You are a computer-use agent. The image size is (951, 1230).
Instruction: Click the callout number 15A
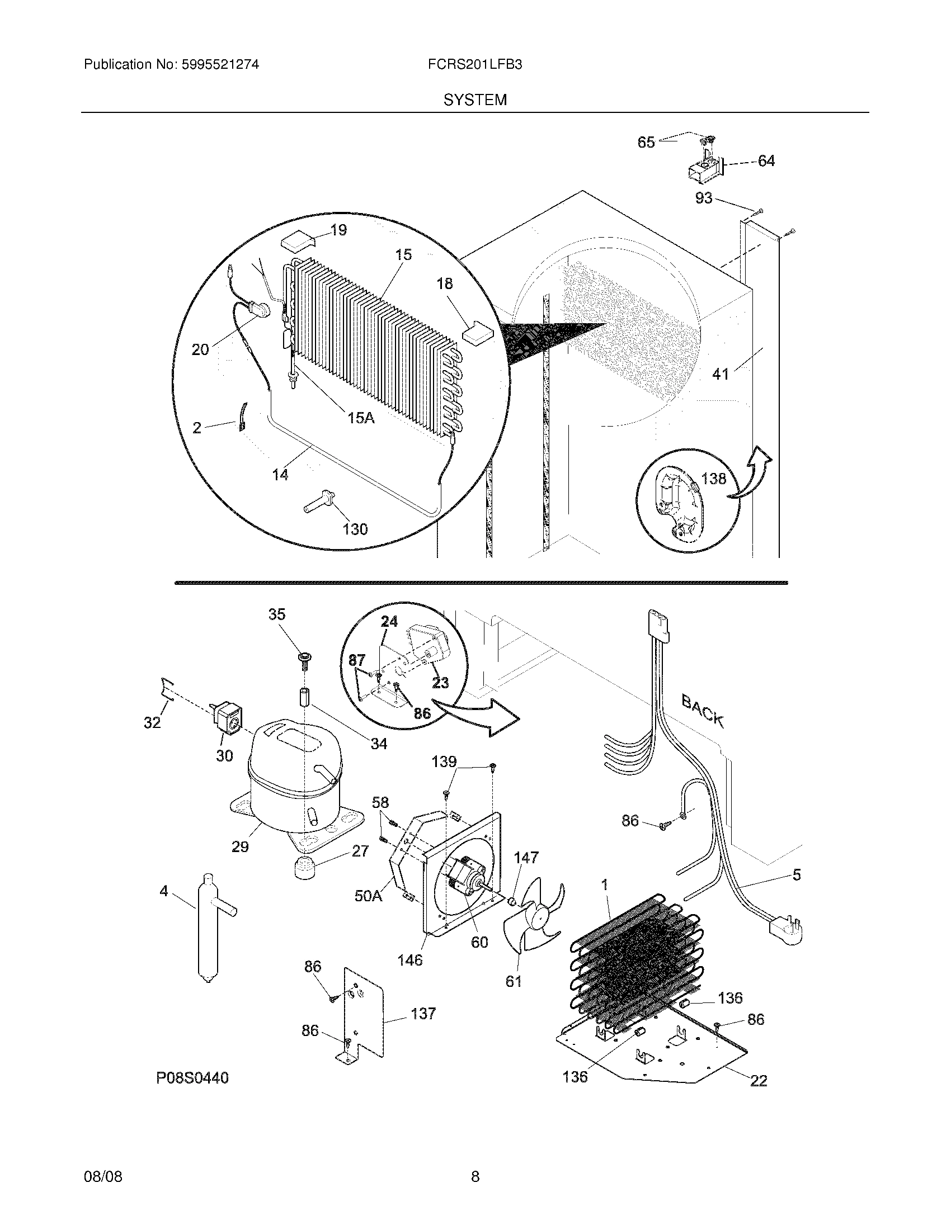[361, 418]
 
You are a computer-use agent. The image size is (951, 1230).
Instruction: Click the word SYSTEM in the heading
[475, 100]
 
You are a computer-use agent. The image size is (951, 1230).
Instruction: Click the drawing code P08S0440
[192, 1078]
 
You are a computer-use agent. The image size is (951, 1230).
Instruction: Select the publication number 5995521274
[220, 65]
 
